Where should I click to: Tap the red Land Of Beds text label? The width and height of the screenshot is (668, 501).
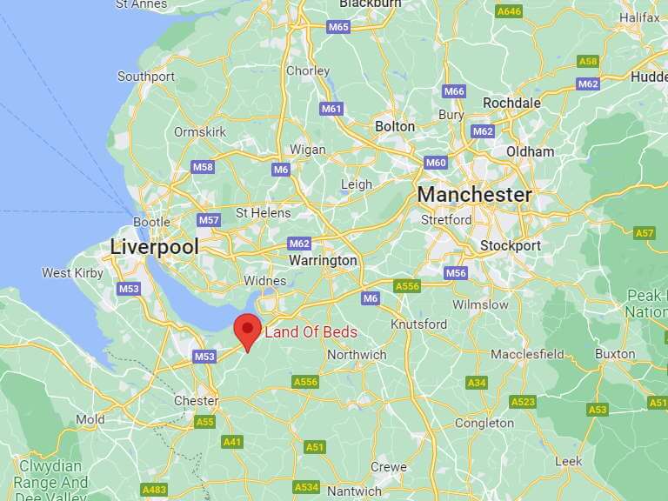pyautogui.click(x=311, y=332)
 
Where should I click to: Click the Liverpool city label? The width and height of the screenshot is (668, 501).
pyautogui.click(x=154, y=247)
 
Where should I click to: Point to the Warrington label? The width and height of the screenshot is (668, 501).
pyautogui.click(x=323, y=260)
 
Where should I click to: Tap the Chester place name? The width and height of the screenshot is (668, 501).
pyautogui.click(x=197, y=401)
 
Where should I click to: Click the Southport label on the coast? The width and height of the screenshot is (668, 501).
pyautogui.click(x=146, y=77)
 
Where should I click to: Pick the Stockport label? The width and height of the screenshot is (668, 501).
pyautogui.click(x=511, y=246)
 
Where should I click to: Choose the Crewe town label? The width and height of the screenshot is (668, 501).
pyautogui.click(x=389, y=467)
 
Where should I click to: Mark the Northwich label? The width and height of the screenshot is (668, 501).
pyautogui.click(x=357, y=355)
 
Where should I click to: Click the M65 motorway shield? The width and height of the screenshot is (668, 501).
pyautogui.click(x=338, y=27)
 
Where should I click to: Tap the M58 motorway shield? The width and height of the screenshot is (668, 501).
pyautogui.click(x=203, y=167)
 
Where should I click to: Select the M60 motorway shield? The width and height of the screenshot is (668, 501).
pyautogui.click(x=436, y=163)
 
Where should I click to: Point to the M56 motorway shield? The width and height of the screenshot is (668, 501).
pyautogui.click(x=457, y=273)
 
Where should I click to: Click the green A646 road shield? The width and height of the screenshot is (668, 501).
pyautogui.click(x=509, y=11)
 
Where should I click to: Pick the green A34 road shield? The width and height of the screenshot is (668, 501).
pyautogui.click(x=477, y=383)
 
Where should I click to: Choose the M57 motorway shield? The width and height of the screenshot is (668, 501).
pyautogui.click(x=209, y=220)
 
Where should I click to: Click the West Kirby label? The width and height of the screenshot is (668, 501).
pyautogui.click(x=72, y=273)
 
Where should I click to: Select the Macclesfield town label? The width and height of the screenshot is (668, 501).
pyautogui.click(x=527, y=354)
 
